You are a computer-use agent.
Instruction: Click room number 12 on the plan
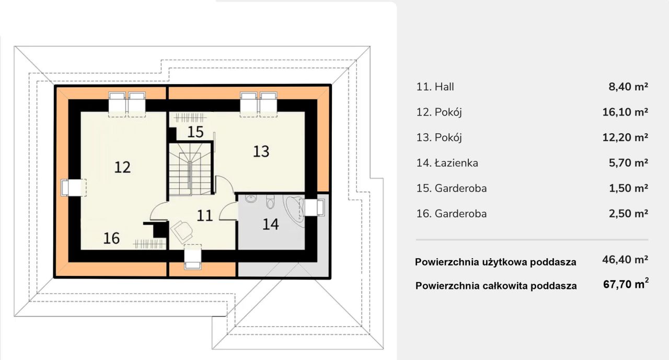122,167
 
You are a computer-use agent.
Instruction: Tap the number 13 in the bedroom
261,152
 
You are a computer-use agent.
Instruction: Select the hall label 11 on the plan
205,215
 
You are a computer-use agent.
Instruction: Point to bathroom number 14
270,225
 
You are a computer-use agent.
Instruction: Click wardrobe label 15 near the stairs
195,132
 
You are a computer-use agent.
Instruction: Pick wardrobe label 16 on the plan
111,238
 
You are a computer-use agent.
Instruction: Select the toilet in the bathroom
270,201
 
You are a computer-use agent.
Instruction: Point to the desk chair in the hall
181,230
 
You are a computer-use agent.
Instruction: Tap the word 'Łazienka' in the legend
456,163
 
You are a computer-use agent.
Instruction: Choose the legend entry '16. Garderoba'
452,214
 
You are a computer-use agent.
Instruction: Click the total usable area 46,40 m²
625,259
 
